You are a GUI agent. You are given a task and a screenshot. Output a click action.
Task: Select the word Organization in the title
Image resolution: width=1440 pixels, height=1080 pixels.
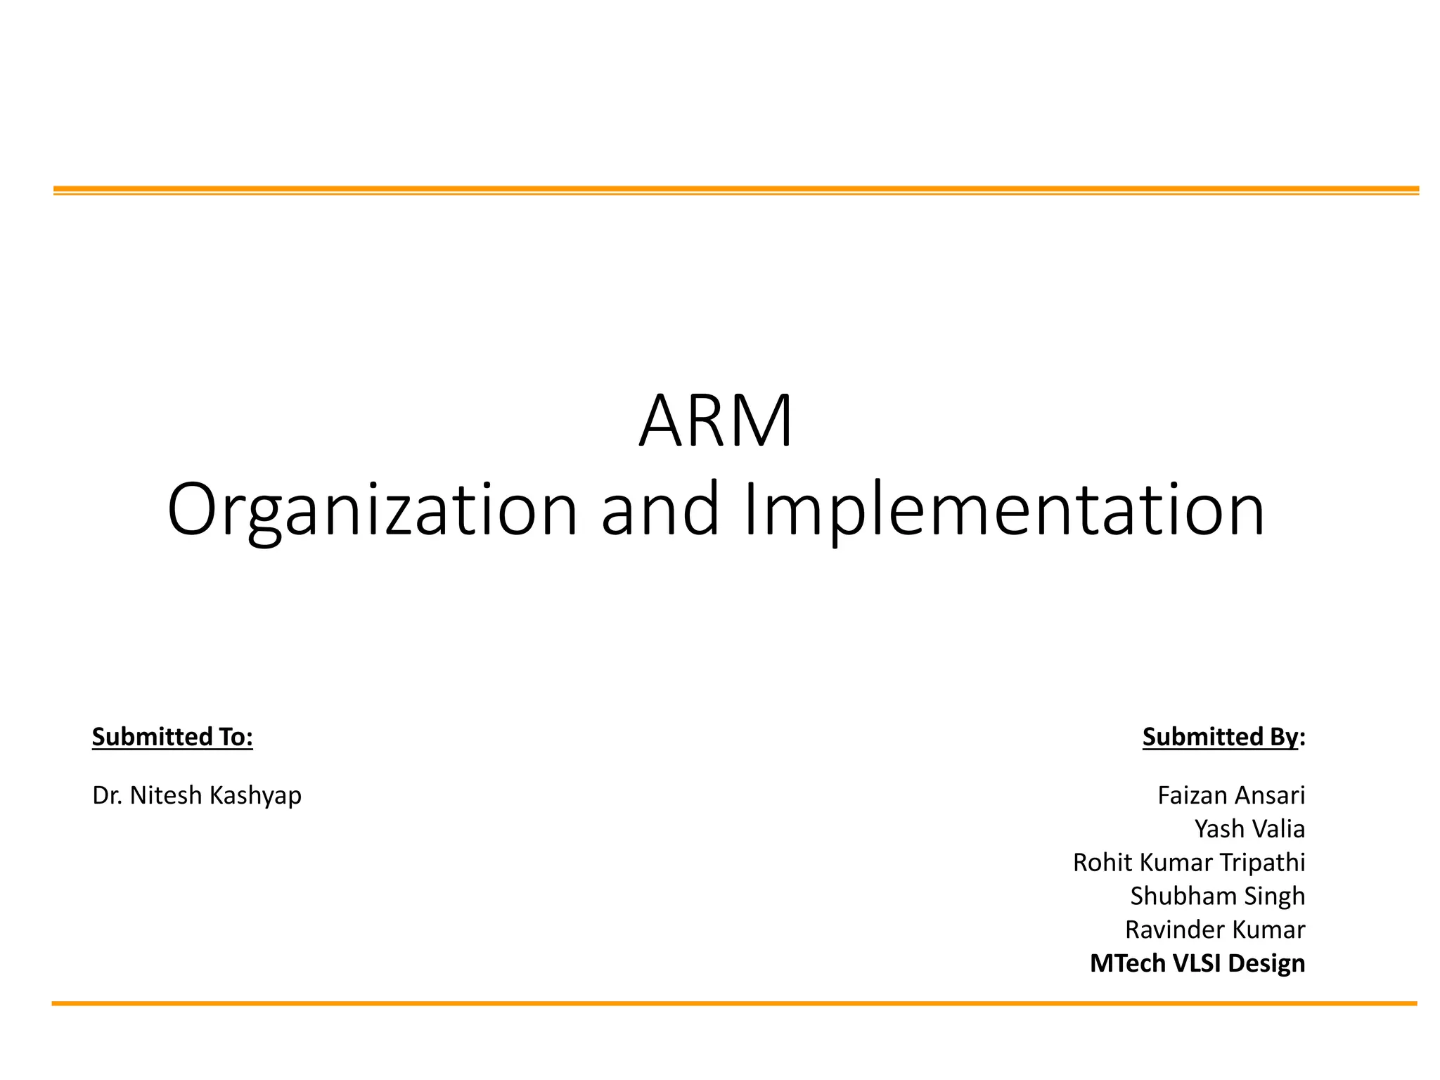point(372,509)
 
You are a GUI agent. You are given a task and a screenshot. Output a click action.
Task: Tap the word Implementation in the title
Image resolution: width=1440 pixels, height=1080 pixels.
point(1004,509)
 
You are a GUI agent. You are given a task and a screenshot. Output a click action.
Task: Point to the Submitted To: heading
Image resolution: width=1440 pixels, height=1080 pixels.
point(172,736)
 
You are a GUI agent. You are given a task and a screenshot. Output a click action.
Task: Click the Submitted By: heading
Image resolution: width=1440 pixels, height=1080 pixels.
point(1223,736)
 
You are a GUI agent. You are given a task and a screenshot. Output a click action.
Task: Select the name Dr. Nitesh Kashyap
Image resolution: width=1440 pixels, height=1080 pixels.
point(197,795)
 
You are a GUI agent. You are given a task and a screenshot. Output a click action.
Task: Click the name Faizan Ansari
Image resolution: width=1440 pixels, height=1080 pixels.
point(1231,795)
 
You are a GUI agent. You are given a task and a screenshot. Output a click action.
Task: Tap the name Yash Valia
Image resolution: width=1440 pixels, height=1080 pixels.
point(1249,829)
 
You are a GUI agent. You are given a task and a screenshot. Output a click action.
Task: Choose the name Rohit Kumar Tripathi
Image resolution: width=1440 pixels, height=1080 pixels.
point(1188,863)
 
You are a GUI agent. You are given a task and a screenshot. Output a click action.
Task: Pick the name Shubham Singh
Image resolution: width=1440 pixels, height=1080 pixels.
point(1217,896)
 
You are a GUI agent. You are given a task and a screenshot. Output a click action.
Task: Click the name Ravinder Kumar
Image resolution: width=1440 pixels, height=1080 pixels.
point(1215,930)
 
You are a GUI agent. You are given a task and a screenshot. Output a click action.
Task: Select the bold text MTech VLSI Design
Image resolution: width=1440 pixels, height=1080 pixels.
point(1197,963)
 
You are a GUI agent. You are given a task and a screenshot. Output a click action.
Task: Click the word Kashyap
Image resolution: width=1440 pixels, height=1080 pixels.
point(255,795)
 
